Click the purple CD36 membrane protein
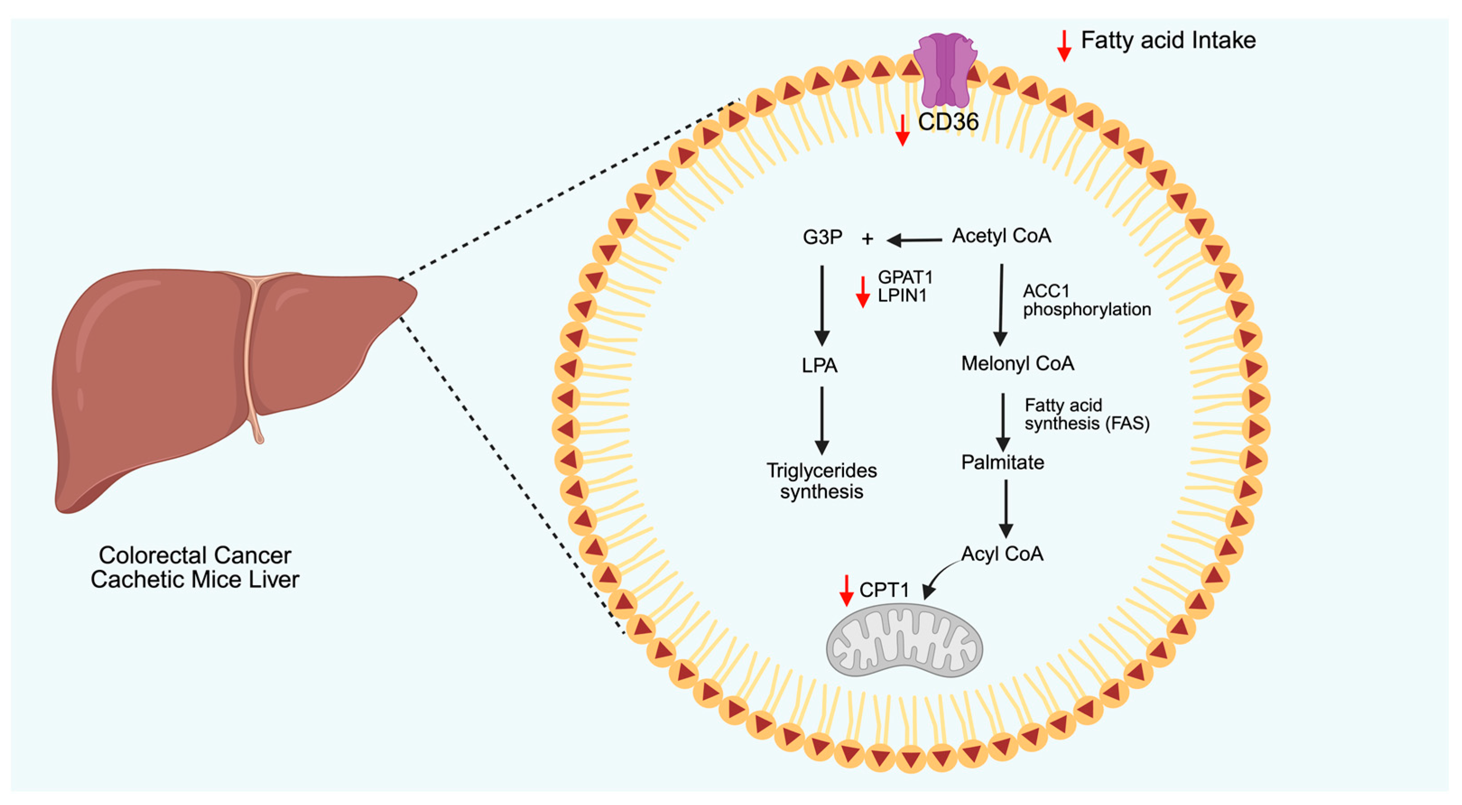click(x=945, y=69)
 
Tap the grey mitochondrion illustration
click(x=904, y=640)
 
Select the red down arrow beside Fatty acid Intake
click(x=1064, y=46)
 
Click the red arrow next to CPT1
click(x=846, y=590)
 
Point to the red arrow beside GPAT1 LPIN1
click(x=862, y=292)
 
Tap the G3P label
click(x=822, y=237)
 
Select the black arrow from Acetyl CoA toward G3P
click(x=914, y=241)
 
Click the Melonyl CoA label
click(x=1017, y=363)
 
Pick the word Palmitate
click(x=1002, y=462)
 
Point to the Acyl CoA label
click(x=1002, y=554)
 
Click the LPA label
click(x=820, y=365)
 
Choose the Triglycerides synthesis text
click(x=821, y=481)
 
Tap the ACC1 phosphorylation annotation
click(x=1087, y=301)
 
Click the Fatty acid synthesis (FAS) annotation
click(x=1087, y=414)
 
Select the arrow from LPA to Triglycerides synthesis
click(x=822, y=421)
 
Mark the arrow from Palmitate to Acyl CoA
click(x=1005, y=509)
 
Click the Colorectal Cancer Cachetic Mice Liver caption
click(x=195, y=567)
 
